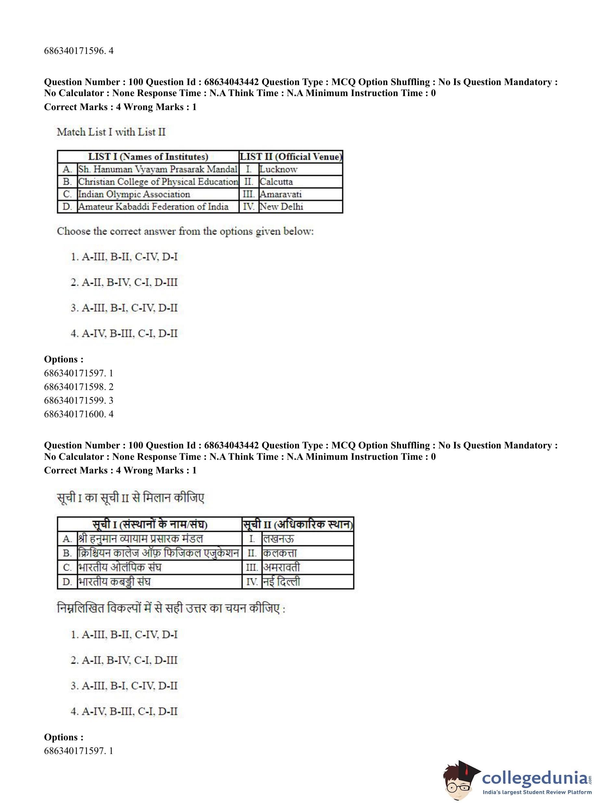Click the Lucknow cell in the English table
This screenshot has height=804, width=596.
pyautogui.click(x=279, y=169)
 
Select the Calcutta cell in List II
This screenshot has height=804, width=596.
pyautogui.click(x=276, y=182)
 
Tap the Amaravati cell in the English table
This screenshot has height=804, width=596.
pyautogui.click(x=281, y=194)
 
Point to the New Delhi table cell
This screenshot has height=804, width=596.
pyautogui.click(x=281, y=207)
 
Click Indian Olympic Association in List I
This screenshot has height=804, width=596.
pyautogui.click(x=134, y=194)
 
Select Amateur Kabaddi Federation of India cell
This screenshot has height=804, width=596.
pyautogui.click(x=153, y=207)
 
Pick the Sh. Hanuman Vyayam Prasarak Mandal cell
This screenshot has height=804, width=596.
pyautogui.click(x=158, y=169)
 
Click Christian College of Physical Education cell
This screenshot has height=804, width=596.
pyautogui.click(x=158, y=182)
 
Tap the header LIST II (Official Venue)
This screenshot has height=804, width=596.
pyautogui.click(x=291, y=157)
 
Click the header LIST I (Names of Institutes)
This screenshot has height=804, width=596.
pyautogui.click(x=148, y=157)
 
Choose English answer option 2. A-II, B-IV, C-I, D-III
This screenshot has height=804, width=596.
pyautogui.click(x=124, y=282)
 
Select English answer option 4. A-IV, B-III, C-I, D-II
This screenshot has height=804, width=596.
pyautogui.click(x=124, y=333)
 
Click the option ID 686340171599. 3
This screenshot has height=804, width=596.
pyautogui.click(x=79, y=400)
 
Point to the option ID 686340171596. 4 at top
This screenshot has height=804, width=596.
pyautogui.click(x=79, y=51)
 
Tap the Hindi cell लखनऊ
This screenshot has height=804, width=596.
pyautogui.click(x=279, y=539)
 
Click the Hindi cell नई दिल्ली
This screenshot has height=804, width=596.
pyautogui.click(x=281, y=582)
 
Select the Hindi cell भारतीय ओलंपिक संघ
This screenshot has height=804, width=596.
pyautogui.click(x=120, y=568)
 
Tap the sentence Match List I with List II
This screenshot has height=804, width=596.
pyautogui.click(x=111, y=132)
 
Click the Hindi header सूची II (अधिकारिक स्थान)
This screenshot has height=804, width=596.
pyautogui.click(x=298, y=524)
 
